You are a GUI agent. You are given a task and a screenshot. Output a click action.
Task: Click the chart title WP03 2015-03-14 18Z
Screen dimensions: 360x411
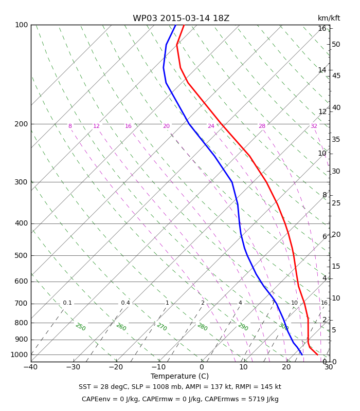point(181,18)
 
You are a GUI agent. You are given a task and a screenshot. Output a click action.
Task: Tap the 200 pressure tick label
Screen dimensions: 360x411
point(21,124)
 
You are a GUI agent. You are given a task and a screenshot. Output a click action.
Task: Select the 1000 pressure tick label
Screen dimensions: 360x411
point(19,354)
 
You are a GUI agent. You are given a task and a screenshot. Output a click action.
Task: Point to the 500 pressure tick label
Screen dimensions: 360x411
point(21,255)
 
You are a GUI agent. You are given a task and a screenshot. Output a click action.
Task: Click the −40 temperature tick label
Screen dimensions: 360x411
point(31,367)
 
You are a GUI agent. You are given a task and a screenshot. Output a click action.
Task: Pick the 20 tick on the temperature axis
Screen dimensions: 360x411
point(286,367)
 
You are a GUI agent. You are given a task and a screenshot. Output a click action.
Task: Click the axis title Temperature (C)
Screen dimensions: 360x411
point(179,377)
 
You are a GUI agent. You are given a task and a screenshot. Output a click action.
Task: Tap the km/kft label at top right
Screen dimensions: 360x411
point(329,18)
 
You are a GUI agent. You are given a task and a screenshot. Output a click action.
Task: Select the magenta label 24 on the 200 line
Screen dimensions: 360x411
point(211,126)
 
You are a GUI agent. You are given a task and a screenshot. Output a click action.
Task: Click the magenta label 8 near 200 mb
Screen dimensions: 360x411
point(70,126)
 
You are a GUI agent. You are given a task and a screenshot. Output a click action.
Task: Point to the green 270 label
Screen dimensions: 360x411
point(162,327)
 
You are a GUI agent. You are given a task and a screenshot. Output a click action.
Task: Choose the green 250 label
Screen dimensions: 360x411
point(81,327)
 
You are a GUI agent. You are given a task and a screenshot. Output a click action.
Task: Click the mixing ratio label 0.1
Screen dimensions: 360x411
point(67,303)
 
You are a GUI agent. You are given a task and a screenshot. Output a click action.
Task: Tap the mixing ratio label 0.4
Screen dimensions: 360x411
point(125,303)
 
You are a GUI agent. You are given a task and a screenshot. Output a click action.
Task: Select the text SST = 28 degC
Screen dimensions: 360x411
point(103,387)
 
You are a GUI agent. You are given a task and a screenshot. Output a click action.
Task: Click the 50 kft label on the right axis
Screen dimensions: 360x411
point(336,45)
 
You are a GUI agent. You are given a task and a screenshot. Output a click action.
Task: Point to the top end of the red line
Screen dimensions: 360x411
point(184,25)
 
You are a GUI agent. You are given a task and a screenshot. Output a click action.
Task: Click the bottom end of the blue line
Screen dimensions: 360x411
point(302,354)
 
